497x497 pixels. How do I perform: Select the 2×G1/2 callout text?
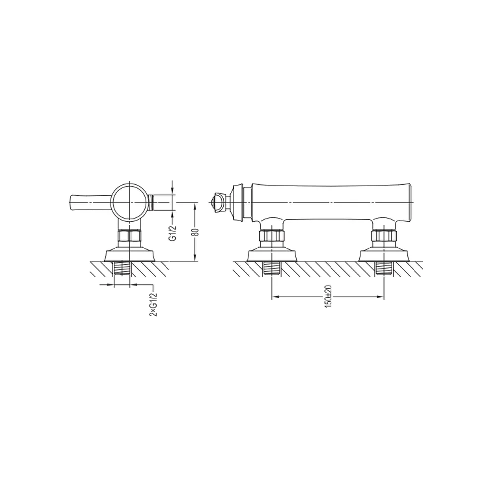[x=153, y=304]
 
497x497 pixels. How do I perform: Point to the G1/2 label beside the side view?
[x=173, y=233]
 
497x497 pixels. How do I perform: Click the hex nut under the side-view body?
[x=129, y=236]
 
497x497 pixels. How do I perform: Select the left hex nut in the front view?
[x=272, y=236]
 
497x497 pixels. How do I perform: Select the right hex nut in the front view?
[x=384, y=236]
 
